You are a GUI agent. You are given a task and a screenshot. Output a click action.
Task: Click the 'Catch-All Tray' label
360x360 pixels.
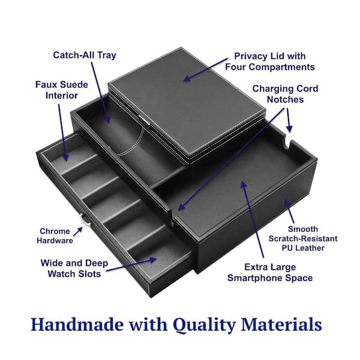[85, 55]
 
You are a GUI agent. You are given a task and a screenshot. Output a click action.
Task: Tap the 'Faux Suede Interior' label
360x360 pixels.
[62, 90]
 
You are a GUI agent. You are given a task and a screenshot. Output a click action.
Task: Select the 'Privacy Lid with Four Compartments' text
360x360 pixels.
[270, 62]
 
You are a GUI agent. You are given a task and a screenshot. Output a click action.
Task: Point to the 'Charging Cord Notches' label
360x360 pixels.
[285, 94]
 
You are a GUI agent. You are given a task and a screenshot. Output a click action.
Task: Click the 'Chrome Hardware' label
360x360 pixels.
[55, 236]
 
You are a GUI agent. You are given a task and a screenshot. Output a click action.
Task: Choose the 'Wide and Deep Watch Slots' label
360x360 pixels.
[74, 268]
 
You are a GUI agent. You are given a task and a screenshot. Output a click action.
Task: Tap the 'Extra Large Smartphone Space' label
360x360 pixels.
[270, 272]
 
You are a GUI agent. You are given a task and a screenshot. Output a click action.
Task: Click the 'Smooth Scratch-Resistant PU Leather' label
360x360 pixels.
[303, 239]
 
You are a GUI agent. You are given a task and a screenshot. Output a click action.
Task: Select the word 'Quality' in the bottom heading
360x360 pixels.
[205, 325]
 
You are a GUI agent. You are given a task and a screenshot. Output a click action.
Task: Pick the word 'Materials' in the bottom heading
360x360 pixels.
[281, 325]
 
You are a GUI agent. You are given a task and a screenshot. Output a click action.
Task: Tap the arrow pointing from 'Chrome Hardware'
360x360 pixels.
[78, 232]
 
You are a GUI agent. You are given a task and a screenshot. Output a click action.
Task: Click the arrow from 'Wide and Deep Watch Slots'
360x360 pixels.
[131, 265]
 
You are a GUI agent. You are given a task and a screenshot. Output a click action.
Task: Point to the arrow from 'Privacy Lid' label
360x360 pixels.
[205, 70]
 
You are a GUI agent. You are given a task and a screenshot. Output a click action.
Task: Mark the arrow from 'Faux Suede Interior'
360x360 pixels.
[62, 133]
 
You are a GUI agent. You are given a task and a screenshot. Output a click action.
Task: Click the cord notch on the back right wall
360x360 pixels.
[288, 140]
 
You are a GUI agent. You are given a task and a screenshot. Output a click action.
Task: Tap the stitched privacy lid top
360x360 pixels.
[187, 101]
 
